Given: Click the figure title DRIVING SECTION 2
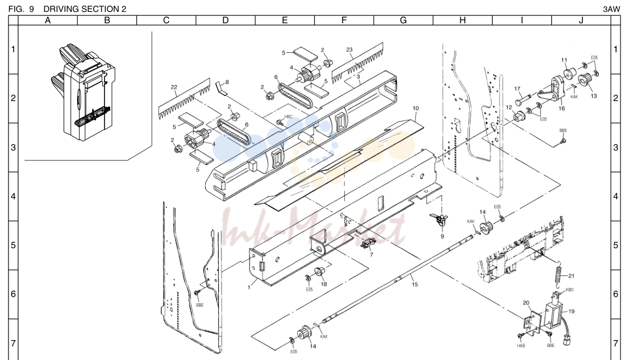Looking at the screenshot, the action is (x=85, y=9).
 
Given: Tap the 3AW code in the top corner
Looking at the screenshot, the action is (x=611, y=9).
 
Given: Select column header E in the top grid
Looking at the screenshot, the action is (x=285, y=20).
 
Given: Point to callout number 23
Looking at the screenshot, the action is (x=349, y=50).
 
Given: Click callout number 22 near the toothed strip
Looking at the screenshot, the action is (x=174, y=87).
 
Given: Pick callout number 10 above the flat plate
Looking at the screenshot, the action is (x=415, y=108).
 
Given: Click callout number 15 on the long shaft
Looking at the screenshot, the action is (x=414, y=284).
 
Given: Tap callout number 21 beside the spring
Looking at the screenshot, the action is (x=571, y=276).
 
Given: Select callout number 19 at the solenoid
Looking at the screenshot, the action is (x=571, y=311).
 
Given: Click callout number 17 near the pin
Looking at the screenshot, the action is (x=517, y=89).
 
